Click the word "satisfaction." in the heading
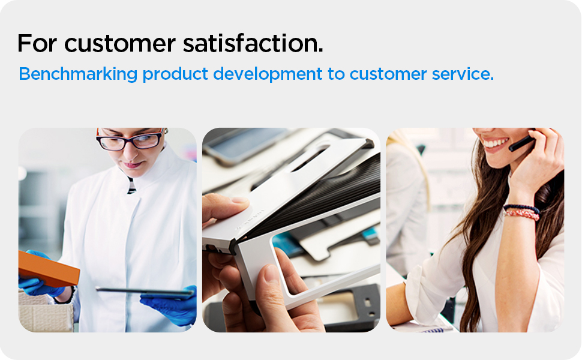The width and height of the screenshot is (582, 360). [x=253, y=43]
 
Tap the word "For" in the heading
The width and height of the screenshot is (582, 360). [x=37, y=43]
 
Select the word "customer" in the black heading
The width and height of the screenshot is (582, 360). [x=119, y=44]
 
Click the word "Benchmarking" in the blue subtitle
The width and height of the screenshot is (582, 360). [x=78, y=74]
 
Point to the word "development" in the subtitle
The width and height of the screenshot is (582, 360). [x=268, y=74]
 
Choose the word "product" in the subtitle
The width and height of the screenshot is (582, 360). [x=175, y=74]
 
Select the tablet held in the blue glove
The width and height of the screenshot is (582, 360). [x=145, y=292]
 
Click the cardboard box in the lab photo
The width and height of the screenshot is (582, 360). [x=45, y=312]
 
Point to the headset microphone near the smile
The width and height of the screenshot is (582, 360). [x=521, y=143]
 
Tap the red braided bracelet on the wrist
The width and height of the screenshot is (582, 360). [x=521, y=214]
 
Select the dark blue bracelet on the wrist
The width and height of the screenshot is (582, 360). [x=521, y=208]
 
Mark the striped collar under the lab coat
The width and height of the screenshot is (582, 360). [x=131, y=185]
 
